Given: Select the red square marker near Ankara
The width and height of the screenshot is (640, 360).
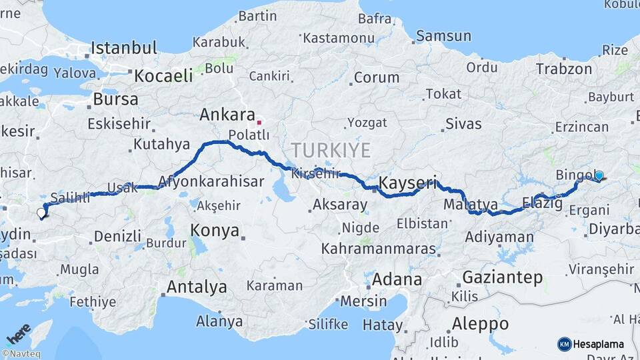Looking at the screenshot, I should [x=259, y=123].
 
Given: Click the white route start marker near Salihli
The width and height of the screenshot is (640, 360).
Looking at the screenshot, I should [x=41, y=213].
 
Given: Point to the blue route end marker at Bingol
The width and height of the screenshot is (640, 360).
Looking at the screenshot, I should [x=599, y=176].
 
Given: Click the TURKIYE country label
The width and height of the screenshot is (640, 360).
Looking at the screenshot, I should [x=330, y=150].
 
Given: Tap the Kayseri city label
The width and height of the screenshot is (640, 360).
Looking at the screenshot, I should [x=407, y=182].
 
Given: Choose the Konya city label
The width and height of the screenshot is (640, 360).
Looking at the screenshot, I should [x=215, y=231].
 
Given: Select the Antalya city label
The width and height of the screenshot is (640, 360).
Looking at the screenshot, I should [x=197, y=287].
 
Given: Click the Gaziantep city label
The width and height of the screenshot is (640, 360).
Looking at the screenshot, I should [x=502, y=277].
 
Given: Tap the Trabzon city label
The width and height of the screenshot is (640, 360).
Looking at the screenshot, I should [x=564, y=69].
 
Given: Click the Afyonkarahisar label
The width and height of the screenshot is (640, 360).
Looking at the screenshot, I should [x=199, y=180].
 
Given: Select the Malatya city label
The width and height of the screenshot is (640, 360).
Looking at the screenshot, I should [x=471, y=204].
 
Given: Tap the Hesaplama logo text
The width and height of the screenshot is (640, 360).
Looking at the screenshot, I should [x=599, y=344].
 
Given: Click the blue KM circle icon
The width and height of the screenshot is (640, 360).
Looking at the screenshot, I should [x=564, y=344].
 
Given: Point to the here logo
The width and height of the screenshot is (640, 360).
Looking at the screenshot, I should [x=18, y=332].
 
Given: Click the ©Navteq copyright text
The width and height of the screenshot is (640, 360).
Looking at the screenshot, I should [x=20, y=354].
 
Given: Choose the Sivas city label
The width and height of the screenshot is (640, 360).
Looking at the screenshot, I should [x=463, y=123].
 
